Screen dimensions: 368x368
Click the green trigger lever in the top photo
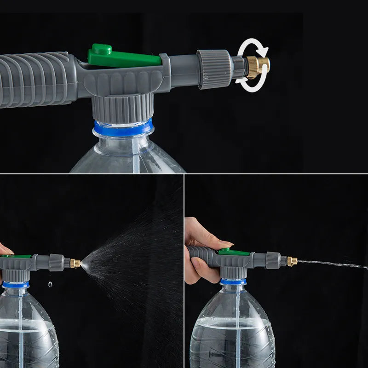click(124, 58)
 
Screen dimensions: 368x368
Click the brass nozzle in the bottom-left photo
click(75, 264)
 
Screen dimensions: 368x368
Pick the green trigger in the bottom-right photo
click(232, 252)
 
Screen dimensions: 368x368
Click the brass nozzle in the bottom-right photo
click(292, 261)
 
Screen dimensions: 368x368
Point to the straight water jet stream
click(331, 264)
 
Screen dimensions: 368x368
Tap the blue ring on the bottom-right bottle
click(233, 281)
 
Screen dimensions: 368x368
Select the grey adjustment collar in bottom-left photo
click(56, 263)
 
